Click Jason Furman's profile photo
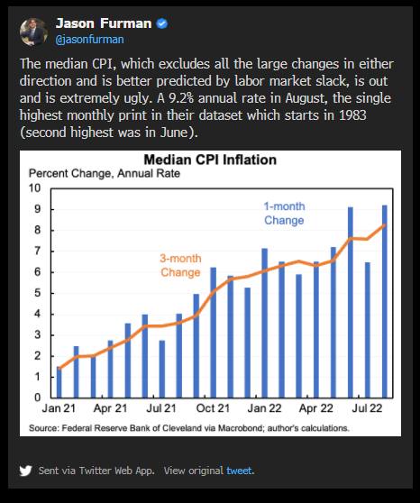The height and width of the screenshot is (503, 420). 33,32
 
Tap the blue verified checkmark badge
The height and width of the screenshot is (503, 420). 161,23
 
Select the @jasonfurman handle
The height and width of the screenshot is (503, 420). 89,40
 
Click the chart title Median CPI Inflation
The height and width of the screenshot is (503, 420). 210,160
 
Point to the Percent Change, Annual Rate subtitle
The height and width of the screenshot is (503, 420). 105,174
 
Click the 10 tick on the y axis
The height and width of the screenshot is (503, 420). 34,188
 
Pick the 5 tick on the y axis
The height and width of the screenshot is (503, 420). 38,293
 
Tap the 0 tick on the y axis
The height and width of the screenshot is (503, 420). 38,398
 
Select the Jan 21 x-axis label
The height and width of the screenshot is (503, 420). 59,408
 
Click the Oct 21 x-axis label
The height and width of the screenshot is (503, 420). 213,408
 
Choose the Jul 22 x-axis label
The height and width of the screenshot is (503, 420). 367,408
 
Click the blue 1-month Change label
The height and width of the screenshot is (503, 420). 284,214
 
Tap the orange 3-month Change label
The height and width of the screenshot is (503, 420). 180,265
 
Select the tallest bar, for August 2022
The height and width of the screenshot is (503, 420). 384,302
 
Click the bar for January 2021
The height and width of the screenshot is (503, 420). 59,382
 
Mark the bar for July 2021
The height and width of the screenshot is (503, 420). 162,369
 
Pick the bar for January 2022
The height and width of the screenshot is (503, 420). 265,323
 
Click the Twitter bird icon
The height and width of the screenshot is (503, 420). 25,471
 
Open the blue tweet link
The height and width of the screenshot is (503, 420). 239,471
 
